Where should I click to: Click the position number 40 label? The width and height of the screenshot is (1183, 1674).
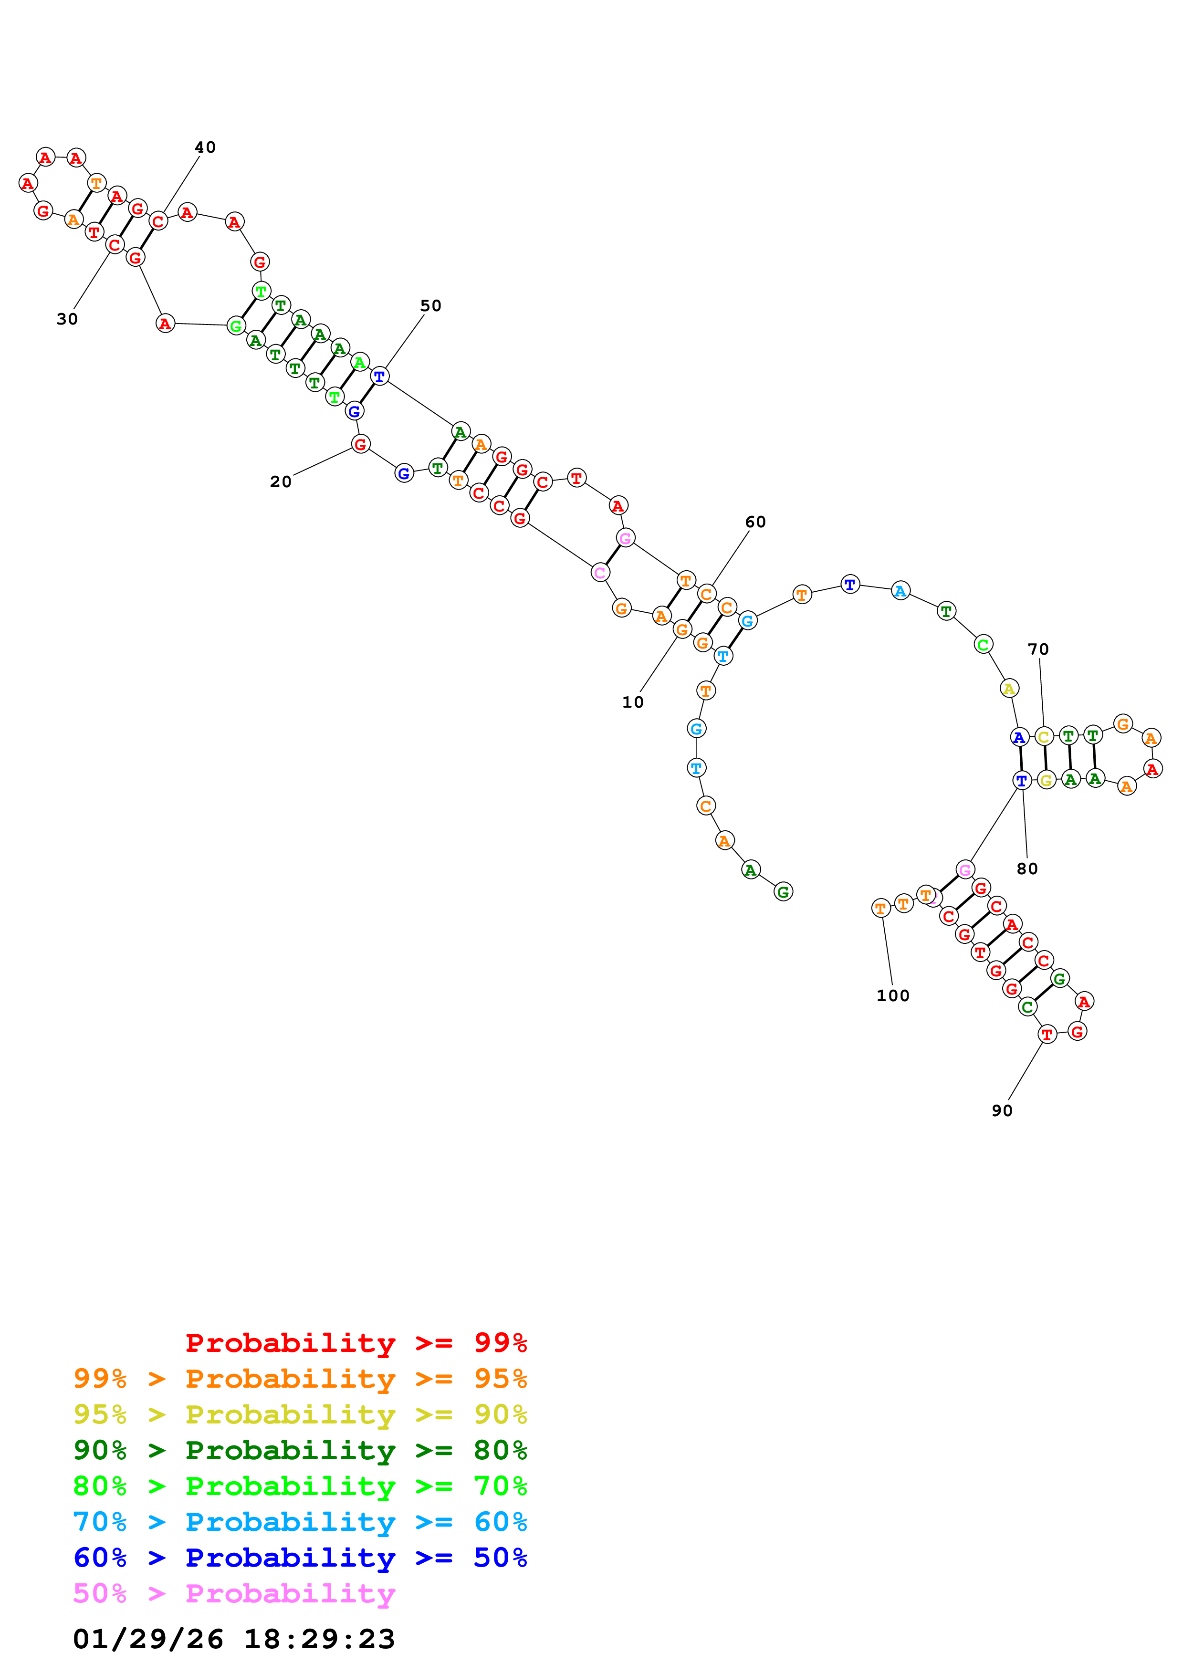(x=205, y=147)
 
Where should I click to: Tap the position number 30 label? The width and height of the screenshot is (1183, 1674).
(x=67, y=319)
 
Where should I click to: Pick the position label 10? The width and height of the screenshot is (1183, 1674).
(x=633, y=701)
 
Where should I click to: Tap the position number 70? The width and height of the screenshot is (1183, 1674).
(x=1038, y=649)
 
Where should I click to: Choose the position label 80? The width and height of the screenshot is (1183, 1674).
(x=1027, y=868)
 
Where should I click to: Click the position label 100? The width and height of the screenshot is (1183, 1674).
(x=893, y=995)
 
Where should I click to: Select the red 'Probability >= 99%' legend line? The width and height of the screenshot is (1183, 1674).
(x=356, y=1342)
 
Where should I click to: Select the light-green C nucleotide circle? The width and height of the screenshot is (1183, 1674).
(x=983, y=645)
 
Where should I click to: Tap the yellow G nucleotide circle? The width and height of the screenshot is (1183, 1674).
(x=1046, y=780)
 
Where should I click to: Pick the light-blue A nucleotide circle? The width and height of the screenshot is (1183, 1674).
(x=901, y=591)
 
